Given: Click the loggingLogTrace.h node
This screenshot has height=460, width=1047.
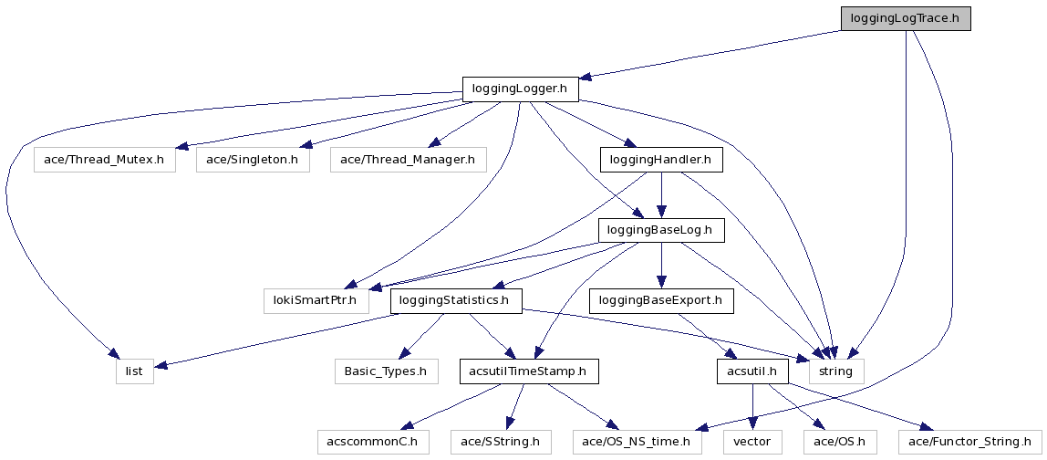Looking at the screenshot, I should pos(905,18).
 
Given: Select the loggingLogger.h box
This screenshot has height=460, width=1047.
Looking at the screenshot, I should pos(521,89).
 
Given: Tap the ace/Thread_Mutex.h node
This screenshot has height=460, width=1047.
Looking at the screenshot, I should pos(104,160).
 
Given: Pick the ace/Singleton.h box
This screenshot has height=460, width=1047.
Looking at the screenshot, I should pos(253,160).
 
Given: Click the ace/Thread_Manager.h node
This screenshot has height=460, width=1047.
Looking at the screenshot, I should pos(408,160).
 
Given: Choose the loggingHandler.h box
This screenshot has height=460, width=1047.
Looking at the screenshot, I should pos(661,160).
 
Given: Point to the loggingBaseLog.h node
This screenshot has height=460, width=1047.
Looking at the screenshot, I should pos(661,230).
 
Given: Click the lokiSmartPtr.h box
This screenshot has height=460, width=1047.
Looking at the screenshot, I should pos(311,300).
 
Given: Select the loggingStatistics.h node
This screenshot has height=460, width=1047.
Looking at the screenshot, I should pos(456,300).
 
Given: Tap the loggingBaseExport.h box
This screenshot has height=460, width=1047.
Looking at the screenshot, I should pos(661,300).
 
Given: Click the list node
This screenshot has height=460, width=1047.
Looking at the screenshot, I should pos(135,371).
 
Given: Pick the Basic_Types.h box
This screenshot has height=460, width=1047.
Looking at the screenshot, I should pos(385,371).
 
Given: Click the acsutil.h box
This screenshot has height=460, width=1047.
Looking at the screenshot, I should pos(752,371).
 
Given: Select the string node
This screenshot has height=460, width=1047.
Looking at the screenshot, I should pos(836,371).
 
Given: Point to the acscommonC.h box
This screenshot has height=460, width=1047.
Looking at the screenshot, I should pos(373,443).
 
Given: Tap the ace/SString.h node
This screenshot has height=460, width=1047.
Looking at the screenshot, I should pos(501,443).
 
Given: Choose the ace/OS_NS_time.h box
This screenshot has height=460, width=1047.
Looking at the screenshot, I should pos(638,443).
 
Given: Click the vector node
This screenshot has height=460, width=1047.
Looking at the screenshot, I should pos(752,443).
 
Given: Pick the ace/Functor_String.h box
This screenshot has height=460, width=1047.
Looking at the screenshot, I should pos(969,443).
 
